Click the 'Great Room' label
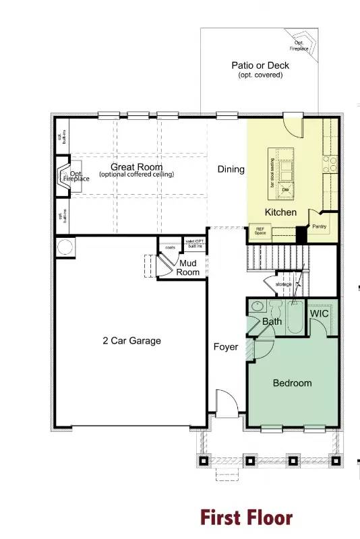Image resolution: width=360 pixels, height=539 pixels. (x=137, y=166)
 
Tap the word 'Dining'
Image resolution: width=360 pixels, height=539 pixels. (x=231, y=169)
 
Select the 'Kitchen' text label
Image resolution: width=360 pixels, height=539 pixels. (x=280, y=212)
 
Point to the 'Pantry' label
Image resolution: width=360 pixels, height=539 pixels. (x=319, y=226)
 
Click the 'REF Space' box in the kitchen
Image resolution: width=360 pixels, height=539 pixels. (x=260, y=231)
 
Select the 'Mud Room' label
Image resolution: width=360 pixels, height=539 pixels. (x=188, y=268)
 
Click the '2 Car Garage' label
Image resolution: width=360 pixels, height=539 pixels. (x=127, y=341)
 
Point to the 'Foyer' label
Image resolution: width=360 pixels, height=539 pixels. (x=226, y=347)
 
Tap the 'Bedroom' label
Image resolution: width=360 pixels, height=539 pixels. (x=292, y=383)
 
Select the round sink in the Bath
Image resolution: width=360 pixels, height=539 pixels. (x=256, y=307)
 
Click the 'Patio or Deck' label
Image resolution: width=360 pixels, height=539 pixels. (x=260, y=65)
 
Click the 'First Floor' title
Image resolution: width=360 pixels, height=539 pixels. (x=246, y=517)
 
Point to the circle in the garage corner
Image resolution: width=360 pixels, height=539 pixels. (x=65, y=247)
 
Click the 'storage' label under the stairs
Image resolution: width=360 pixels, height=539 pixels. (x=284, y=284)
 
